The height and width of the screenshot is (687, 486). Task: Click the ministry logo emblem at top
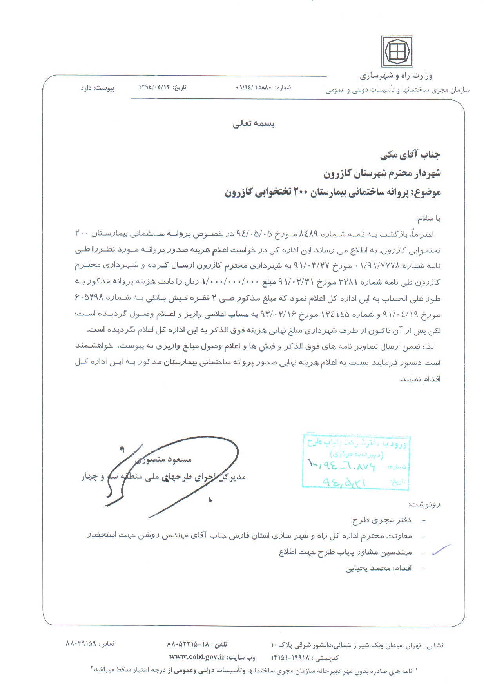click(x=397, y=52)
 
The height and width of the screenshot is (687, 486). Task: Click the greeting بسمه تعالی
click(x=254, y=124)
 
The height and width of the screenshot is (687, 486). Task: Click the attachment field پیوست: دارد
click(x=98, y=88)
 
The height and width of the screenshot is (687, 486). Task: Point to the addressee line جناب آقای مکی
click(x=410, y=155)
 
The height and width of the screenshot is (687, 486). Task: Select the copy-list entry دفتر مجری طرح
click(x=382, y=520)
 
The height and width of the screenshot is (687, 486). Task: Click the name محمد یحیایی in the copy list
click(x=368, y=568)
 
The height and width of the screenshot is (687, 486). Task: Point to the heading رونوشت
click(x=424, y=504)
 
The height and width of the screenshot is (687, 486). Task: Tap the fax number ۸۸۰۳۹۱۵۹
click(x=81, y=643)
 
